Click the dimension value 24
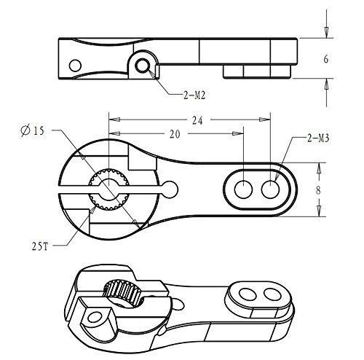coord(197,120)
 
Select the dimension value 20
coord(175,134)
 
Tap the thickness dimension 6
coord(326,59)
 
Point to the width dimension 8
coord(318,191)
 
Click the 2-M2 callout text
coord(194,95)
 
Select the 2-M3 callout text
coord(318,138)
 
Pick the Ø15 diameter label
coord(33,131)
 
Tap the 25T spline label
coord(40,246)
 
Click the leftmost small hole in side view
coord(75,66)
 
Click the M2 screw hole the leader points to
coord(143,66)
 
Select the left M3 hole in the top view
coord(243,189)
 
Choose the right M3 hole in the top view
coord(270,189)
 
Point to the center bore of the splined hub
coord(109,189)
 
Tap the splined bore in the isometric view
coord(123,294)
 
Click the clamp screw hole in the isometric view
coord(95,317)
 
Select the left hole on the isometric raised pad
coord(248,294)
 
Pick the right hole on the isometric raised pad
coord(272,294)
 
